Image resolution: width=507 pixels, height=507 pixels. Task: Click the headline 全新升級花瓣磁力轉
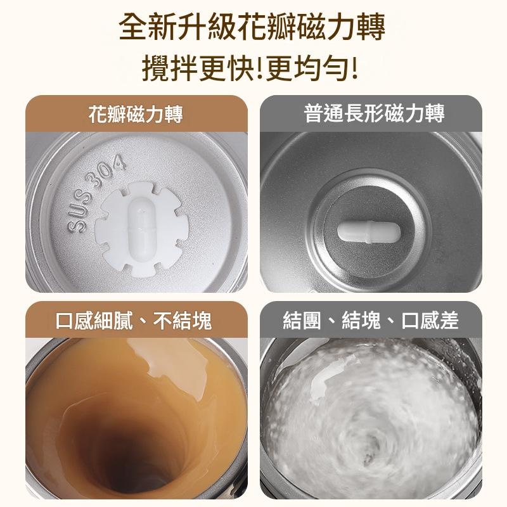point(252,27)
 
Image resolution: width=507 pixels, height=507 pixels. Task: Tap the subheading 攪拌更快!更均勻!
point(250,68)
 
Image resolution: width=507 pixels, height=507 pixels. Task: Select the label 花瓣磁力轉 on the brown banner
point(136,114)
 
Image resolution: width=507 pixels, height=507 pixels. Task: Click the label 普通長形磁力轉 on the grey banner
point(374,113)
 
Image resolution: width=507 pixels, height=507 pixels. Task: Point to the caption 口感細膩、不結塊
point(134,321)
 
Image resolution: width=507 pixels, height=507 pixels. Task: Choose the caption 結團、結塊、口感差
point(371,321)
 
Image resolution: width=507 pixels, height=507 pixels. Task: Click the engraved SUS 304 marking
point(96,193)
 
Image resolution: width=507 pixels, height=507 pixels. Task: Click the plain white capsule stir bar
point(369,231)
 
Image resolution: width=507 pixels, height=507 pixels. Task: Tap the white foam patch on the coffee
point(170,369)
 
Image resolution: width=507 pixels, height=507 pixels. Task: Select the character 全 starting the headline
point(132,27)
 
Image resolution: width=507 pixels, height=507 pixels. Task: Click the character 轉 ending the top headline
point(371,27)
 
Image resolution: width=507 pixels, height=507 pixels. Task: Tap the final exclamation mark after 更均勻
point(355,68)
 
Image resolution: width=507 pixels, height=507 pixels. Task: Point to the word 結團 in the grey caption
point(302,321)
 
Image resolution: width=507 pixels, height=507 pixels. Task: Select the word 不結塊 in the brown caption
point(183,321)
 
